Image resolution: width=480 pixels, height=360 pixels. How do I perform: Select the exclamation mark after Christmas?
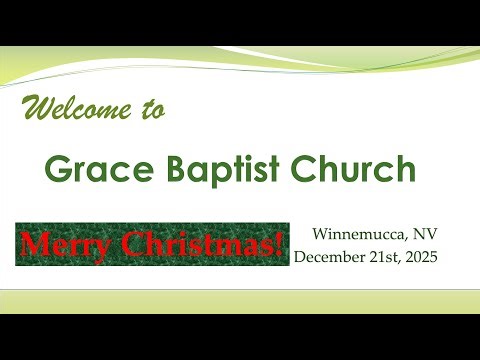[x=277, y=243]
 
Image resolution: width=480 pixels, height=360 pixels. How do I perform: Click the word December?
[x=332, y=256]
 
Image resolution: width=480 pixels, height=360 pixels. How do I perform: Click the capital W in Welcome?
[x=37, y=108]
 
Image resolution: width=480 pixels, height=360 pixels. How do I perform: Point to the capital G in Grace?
[x=60, y=170]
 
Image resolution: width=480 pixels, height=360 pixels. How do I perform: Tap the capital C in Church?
[x=306, y=170]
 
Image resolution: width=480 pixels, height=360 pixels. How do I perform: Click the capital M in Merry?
[x=31, y=243]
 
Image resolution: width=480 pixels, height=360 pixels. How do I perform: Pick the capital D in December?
[x=299, y=256]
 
